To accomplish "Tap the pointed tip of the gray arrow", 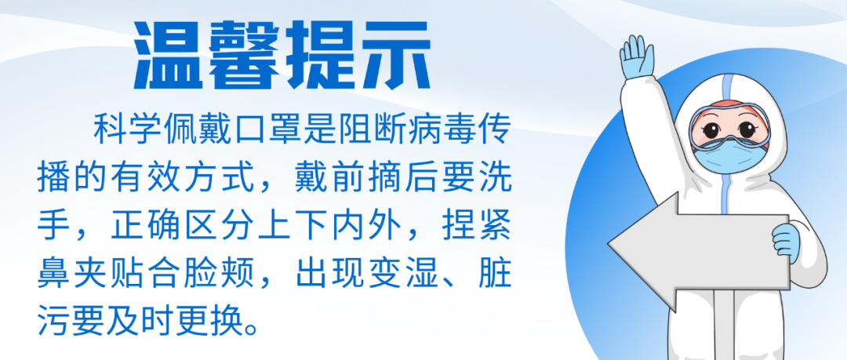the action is tap(609, 246).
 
